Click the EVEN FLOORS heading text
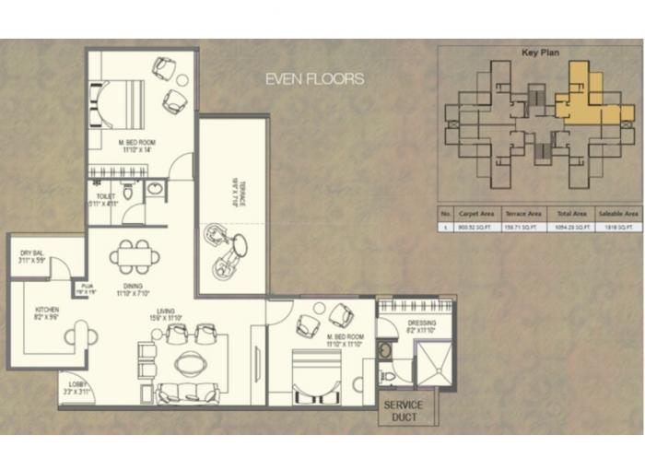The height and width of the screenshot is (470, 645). pyautogui.click(x=314, y=79)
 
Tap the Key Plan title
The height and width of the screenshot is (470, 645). pyautogui.click(x=540, y=53)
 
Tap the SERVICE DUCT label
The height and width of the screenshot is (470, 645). pyautogui.click(x=405, y=412)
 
